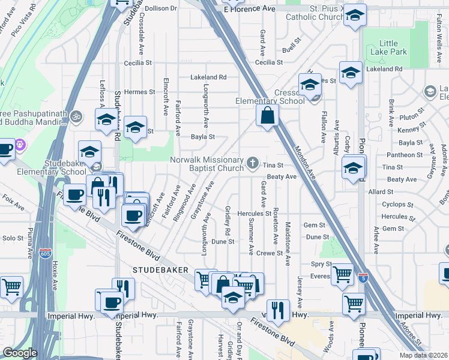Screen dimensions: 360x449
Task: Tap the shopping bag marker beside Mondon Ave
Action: [267, 115]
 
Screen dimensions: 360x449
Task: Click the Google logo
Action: [20, 353]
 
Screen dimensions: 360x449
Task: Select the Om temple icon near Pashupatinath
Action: [76, 115]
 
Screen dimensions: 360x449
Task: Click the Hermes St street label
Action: [140, 92]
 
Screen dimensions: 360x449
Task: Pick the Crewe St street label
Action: [269, 253]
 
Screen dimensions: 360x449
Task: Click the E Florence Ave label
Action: [249, 9]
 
